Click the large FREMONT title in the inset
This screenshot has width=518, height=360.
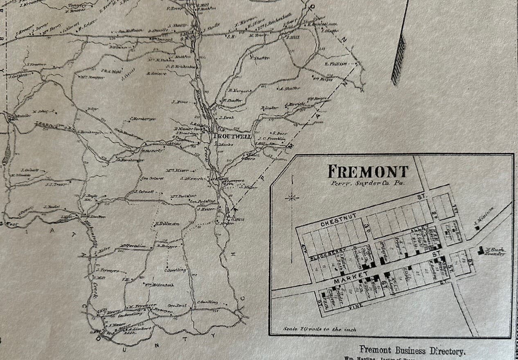pos(368,171)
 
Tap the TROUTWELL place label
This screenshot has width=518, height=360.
pos(231,136)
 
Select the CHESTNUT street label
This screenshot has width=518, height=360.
pos(339,224)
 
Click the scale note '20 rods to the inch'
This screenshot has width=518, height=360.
pos(320,329)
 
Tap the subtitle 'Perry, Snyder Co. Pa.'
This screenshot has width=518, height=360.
pos(367,183)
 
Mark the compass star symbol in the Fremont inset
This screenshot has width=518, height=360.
pos(292,198)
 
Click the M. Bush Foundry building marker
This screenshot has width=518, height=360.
pos(480,250)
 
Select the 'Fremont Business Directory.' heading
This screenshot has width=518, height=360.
pos(412,351)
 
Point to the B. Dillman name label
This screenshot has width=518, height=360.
pos(167,224)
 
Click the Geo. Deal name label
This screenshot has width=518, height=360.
pos(177,305)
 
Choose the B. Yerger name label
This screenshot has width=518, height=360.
pos(238,91)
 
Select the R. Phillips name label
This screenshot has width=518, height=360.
pos(336,64)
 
